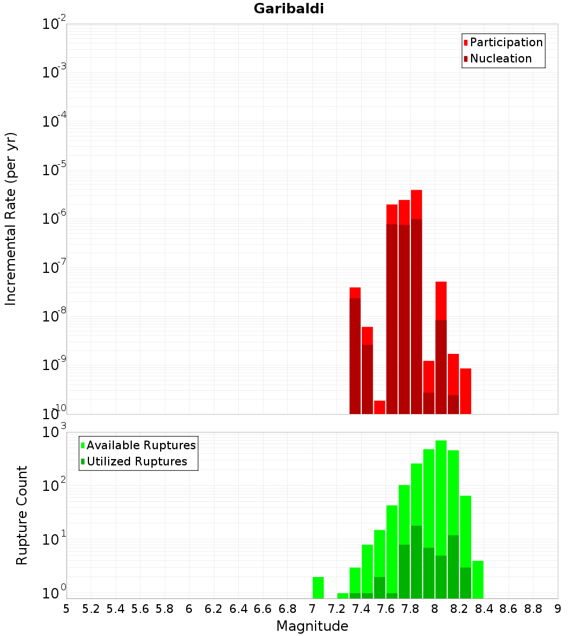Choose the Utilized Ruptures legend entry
pyautogui.click(x=136, y=461)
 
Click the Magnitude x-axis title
pyautogui.click(x=312, y=626)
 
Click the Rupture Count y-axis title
pyautogui.click(x=22, y=515)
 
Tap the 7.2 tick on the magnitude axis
pyautogui.click(x=336, y=608)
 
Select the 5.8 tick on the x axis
pyautogui.click(x=165, y=608)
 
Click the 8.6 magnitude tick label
pyautogui.click(x=509, y=608)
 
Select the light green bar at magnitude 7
pyautogui.click(x=318, y=587)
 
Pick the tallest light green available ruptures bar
pyautogui.click(x=441, y=491)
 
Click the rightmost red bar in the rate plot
pyautogui.click(x=465, y=391)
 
